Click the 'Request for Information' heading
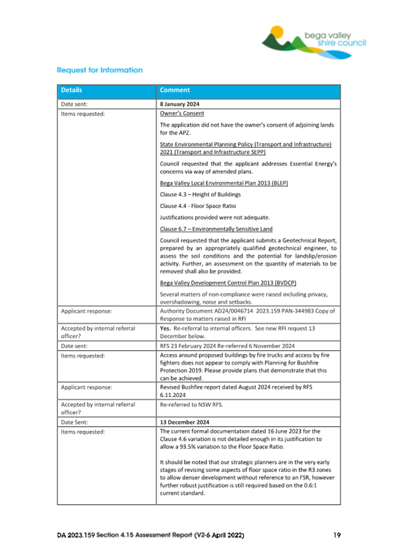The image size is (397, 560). click(99, 71)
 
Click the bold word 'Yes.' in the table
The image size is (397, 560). click(166, 328)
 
